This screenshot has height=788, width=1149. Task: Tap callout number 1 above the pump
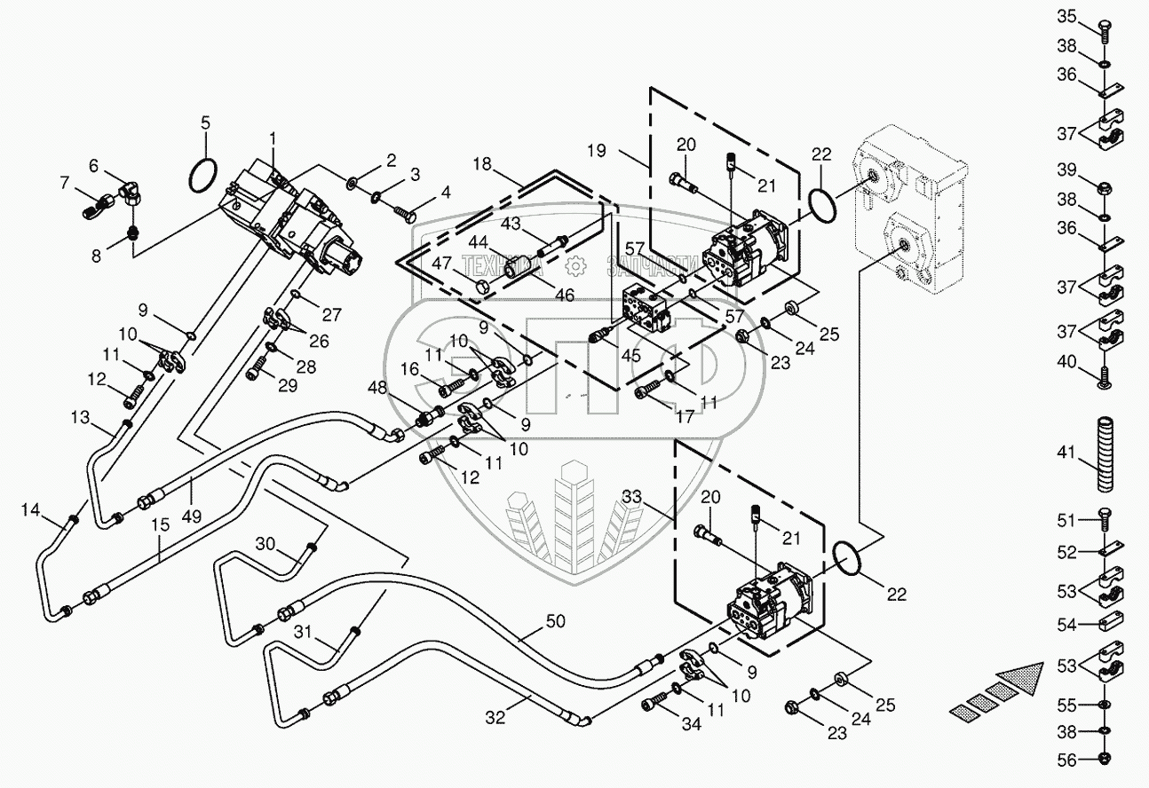273,138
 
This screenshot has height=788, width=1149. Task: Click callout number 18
482,165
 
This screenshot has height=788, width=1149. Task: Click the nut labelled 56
1105,759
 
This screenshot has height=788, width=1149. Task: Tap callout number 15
160,524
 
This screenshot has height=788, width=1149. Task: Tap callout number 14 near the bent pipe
31,509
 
